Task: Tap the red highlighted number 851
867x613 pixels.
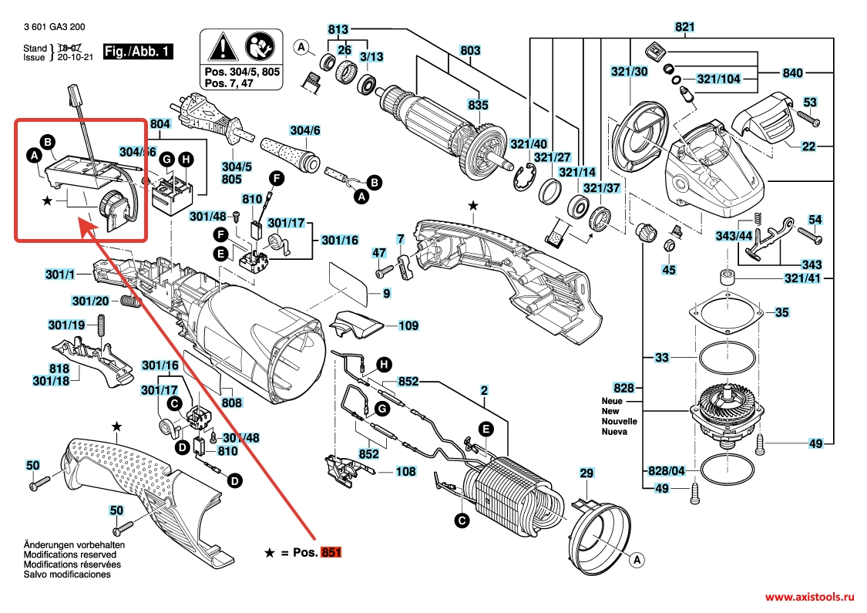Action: click(331, 553)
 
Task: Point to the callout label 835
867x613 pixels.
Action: click(478, 106)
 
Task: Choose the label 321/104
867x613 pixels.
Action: click(718, 79)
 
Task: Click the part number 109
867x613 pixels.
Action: click(408, 326)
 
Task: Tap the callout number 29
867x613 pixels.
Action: click(586, 473)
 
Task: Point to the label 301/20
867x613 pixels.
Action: click(90, 300)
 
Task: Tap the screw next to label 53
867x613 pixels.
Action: click(805, 117)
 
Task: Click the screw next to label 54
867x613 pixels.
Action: click(808, 231)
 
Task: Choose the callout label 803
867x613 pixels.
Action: click(470, 51)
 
